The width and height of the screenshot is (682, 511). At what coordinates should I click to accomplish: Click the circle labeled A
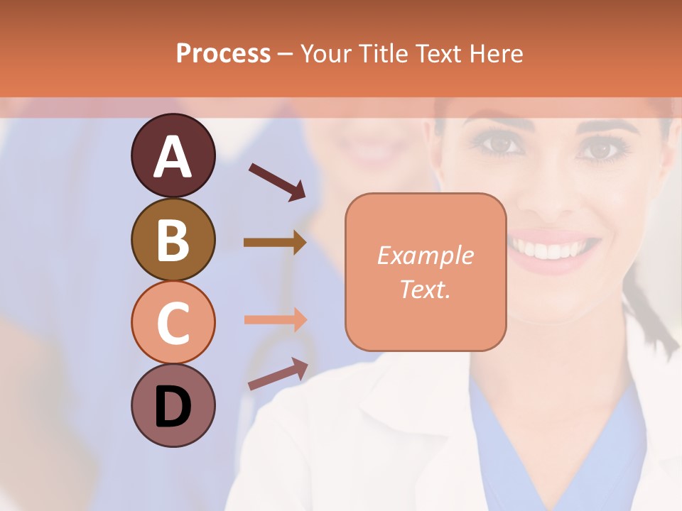[x=173, y=155]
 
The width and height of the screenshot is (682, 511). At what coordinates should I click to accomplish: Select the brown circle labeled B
[x=173, y=239]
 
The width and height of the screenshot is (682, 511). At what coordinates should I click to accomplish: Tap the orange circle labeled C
[x=173, y=322]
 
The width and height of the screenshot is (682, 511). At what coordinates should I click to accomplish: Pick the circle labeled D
[x=173, y=405]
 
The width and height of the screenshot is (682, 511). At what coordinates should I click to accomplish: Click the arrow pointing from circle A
[x=277, y=181]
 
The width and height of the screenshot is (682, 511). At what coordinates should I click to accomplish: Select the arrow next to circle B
[x=275, y=243]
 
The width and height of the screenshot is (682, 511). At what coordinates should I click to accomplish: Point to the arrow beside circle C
[x=276, y=319]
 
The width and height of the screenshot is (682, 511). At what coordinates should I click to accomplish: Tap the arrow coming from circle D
[x=278, y=374]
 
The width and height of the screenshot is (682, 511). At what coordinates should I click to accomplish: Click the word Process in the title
[x=223, y=53]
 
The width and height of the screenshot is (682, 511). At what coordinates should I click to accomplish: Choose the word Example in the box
[x=425, y=255]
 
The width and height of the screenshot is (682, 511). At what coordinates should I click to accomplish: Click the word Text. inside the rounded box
[x=425, y=289]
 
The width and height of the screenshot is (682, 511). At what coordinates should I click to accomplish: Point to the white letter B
[x=173, y=239]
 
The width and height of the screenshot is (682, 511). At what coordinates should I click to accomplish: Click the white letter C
[x=173, y=323]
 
